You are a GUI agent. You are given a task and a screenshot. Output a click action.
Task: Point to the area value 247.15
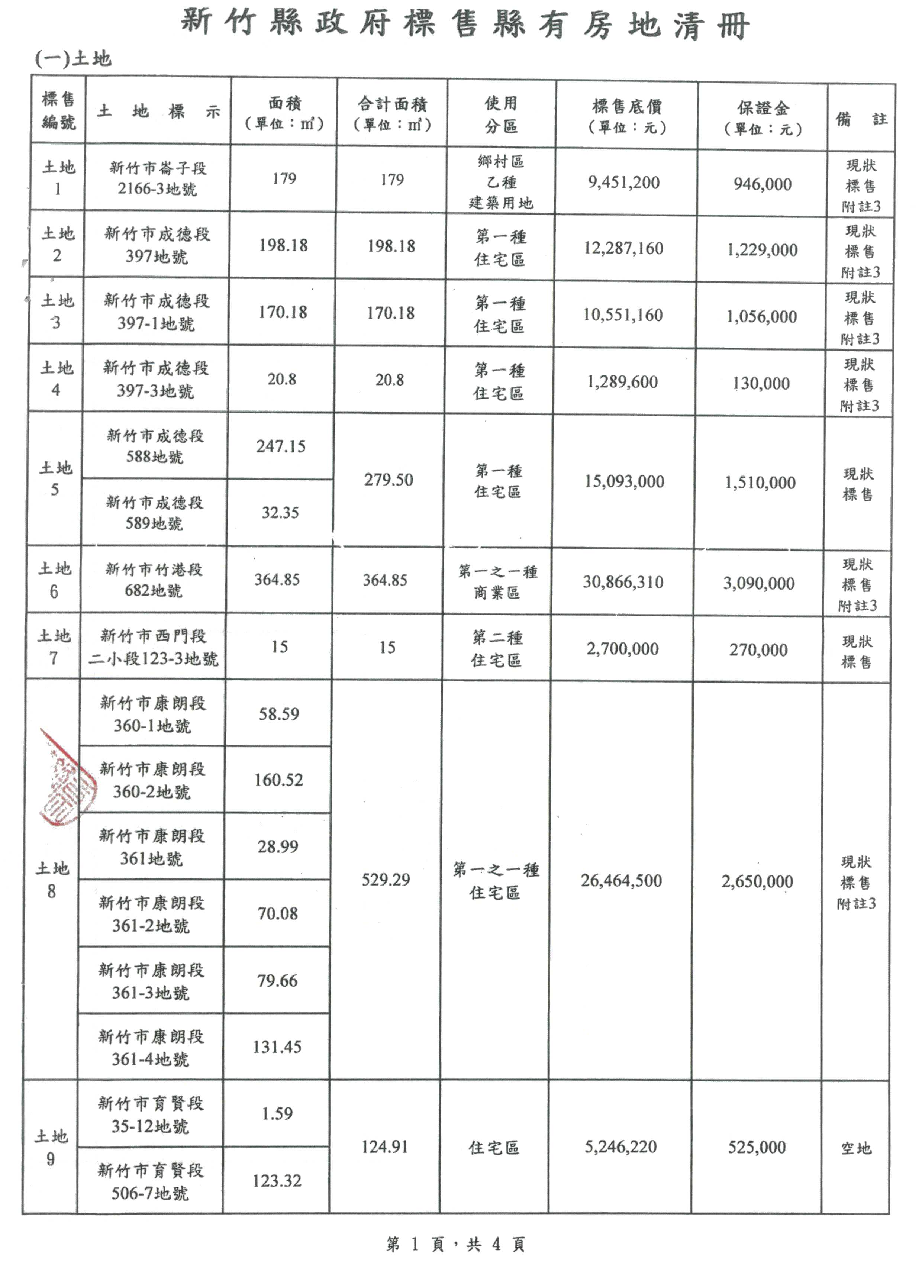tap(280, 446)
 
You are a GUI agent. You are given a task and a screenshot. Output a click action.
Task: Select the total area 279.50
tap(389, 480)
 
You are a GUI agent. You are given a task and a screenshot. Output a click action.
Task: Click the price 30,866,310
tap(622, 582)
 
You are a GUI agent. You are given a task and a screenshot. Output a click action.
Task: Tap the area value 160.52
tap(278, 780)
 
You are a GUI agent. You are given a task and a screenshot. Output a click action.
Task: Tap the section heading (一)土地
tap(73, 58)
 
